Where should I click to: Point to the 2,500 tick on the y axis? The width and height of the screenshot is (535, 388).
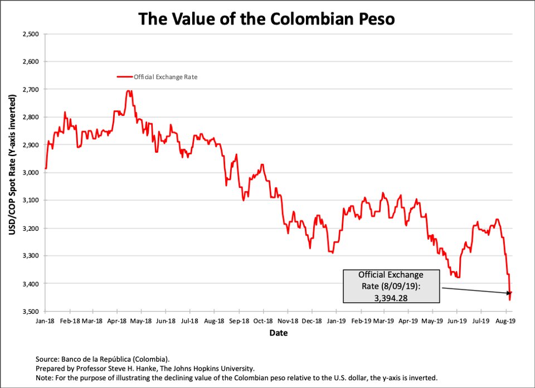point(31,34)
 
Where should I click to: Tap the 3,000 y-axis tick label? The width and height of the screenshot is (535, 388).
point(31,173)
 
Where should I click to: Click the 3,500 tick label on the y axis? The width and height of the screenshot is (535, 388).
point(31,312)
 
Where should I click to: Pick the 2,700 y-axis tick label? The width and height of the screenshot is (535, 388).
point(31,90)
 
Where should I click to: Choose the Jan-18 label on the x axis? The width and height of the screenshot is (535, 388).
point(46,321)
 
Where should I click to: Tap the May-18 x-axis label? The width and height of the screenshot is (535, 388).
point(142,321)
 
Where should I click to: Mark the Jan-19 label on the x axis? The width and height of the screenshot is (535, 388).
point(336,321)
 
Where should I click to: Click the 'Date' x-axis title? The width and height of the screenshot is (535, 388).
point(279,333)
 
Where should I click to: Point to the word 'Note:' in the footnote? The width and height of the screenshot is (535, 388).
point(46,378)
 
